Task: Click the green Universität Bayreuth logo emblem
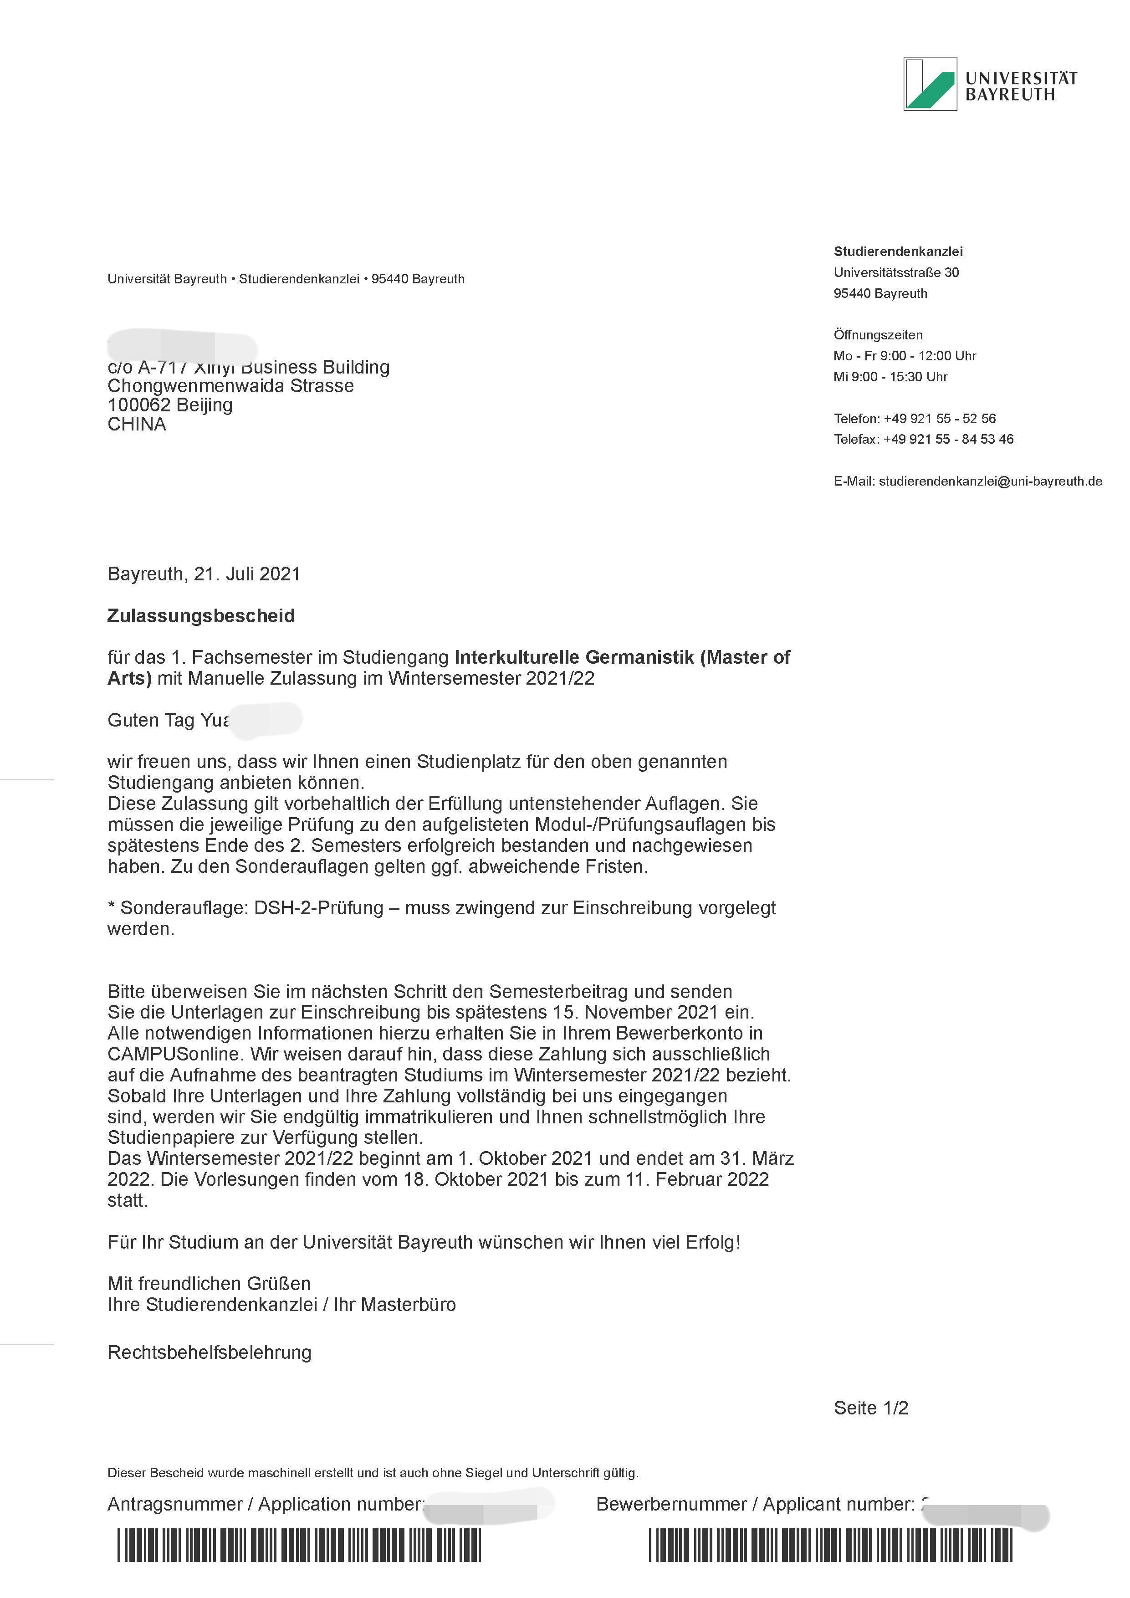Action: click(x=930, y=83)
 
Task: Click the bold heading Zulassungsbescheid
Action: click(x=201, y=616)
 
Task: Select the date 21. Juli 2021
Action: click(x=247, y=574)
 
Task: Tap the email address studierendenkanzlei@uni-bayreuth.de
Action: click(x=990, y=481)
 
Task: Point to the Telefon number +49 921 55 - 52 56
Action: click(x=939, y=418)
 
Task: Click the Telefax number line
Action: click(x=923, y=439)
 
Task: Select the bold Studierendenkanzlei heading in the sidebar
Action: click(x=898, y=251)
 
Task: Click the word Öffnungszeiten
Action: click(x=877, y=335)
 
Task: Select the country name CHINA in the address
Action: click(x=136, y=425)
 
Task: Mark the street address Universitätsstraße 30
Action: click(x=896, y=272)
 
